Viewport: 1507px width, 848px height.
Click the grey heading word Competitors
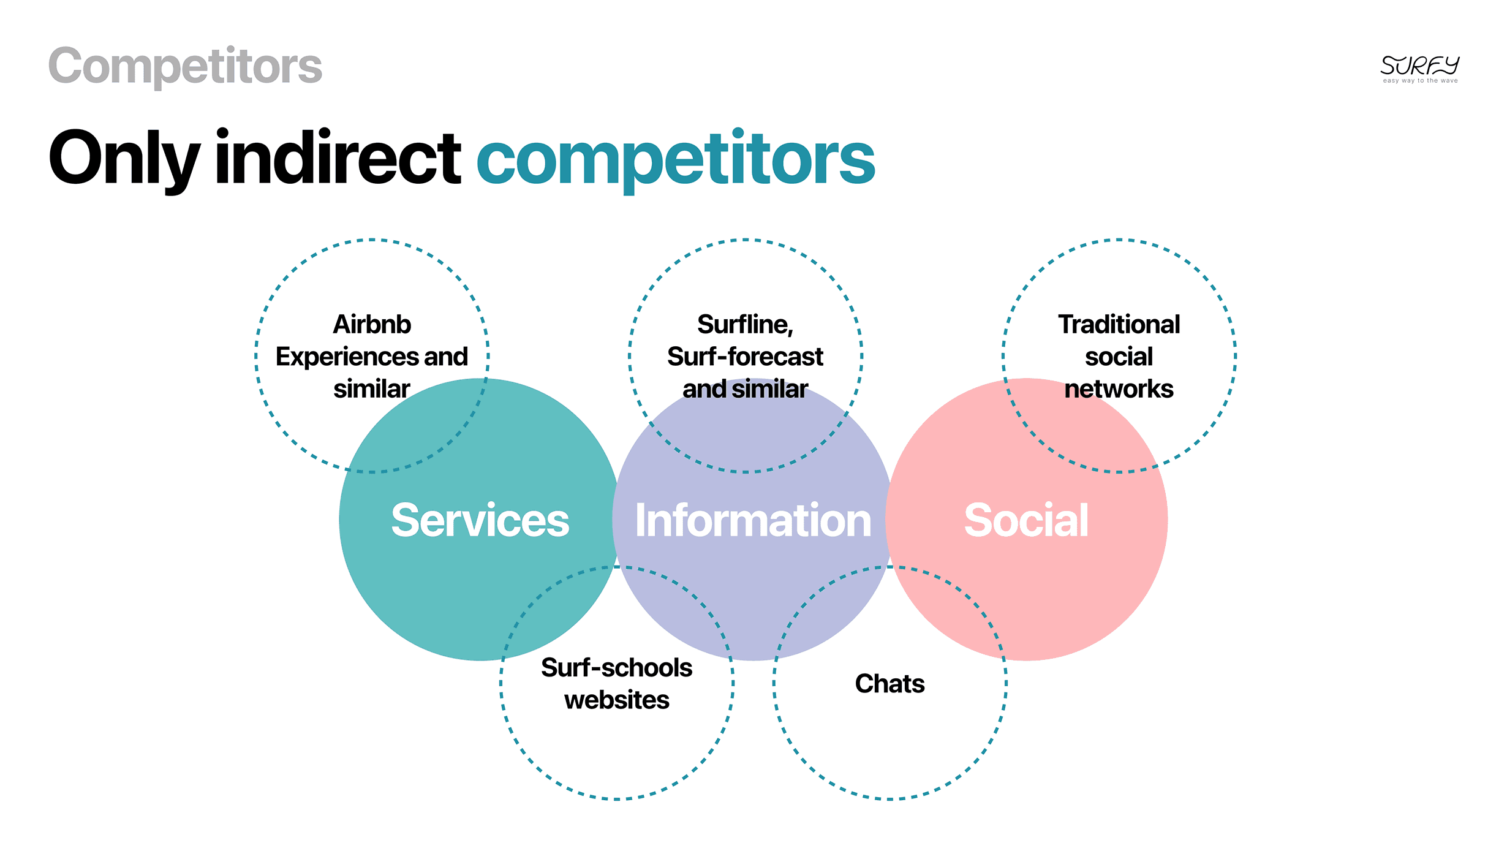pyautogui.click(x=185, y=66)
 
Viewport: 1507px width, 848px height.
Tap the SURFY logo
pyautogui.click(x=1419, y=65)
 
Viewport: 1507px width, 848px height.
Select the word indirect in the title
pyautogui.click(x=338, y=158)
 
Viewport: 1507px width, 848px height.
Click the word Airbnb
pyautogui.click(x=372, y=324)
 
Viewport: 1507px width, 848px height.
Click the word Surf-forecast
pyautogui.click(x=745, y=357)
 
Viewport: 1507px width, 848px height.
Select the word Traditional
pyautogui.click(x=1119, y=324)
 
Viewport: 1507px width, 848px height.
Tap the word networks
pyautogui.click(x=1119, y=389)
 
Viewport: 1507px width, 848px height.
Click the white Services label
pyautogui.click(x=480, y=520)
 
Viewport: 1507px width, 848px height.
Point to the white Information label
pyautogui.click(x=753, y=520)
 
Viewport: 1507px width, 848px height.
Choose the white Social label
pyautogui.click(x=1026, y=520)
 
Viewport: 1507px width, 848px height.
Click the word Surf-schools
pyautogui.click(x=616, y=668)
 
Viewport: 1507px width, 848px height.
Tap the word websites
pyautogui.click(x=616, y=700)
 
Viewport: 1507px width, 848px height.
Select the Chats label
pyautogui.click(x=889, y=684)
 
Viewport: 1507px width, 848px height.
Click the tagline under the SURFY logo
pyautogui.click(x=1420, y=81)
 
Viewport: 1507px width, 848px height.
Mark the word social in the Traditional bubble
pyautogui.click(x=1119, y=357)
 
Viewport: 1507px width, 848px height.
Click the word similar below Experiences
pyautogui.click(x=372, y=389)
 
